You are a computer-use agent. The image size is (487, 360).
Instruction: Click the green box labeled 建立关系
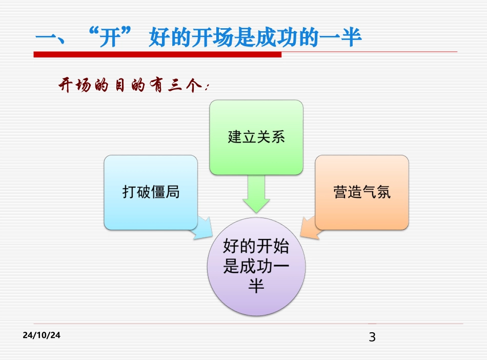256,137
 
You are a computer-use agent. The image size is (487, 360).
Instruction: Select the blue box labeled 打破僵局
151,192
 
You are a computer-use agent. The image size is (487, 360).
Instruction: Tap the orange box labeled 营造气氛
361,192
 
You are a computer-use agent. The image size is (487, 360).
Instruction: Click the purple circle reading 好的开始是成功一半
256,267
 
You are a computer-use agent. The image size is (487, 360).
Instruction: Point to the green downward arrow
256,194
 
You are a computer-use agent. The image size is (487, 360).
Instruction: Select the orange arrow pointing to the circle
309,227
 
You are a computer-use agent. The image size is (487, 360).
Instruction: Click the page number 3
372,337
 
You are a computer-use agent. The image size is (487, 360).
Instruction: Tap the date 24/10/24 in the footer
42,335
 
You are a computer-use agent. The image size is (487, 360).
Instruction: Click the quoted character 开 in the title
109,38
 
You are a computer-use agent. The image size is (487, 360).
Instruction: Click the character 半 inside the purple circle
256,286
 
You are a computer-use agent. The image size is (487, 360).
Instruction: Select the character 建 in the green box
235,137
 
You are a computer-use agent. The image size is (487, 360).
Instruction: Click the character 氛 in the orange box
383,192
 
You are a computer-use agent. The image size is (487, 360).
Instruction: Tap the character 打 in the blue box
129,192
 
